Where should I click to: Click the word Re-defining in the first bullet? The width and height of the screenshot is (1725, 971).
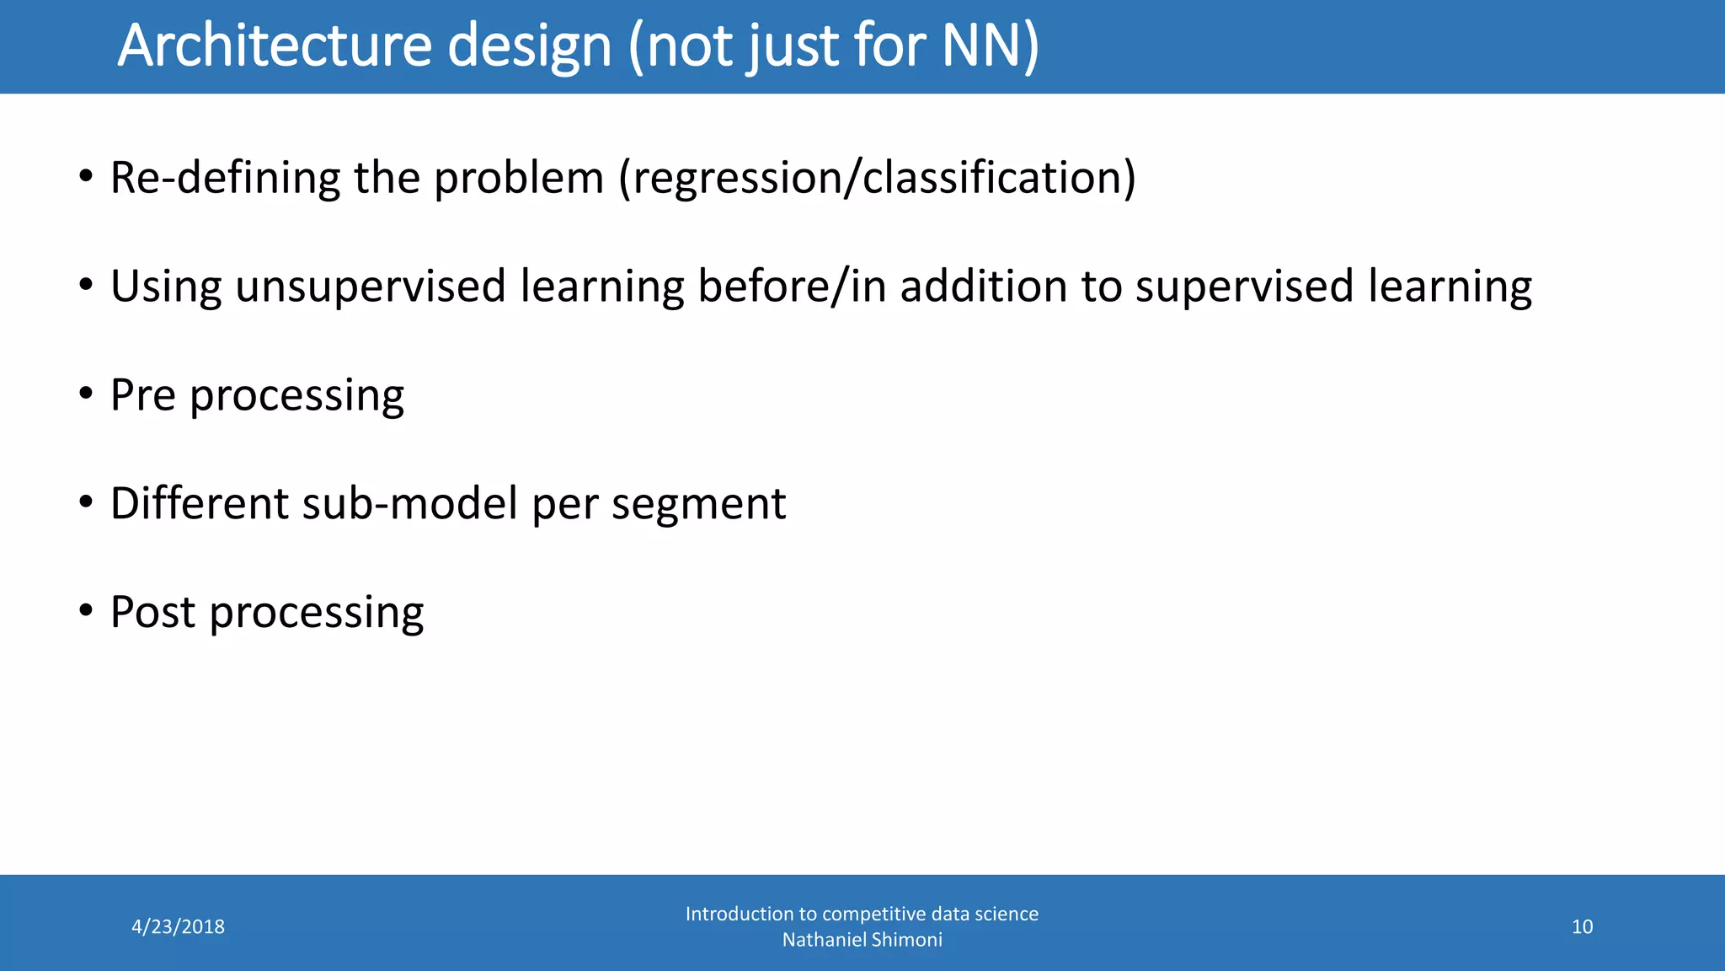tap(224, 178)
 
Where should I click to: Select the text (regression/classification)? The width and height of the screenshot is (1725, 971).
tap(877, 178)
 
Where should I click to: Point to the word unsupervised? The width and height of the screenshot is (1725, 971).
tap(371, 287)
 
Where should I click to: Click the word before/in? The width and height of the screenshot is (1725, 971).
tap(792, 287)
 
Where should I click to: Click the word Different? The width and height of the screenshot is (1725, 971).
tap(200, 503)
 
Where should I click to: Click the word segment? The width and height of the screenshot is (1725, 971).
tap(698, 505)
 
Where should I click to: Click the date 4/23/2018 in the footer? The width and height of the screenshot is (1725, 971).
tap(178, 926)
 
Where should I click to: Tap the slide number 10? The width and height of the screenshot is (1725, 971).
tap(1582, 926)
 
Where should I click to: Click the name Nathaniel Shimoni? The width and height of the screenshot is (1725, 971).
tap(862, 940)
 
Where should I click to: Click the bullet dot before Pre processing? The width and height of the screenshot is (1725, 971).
tap(86, 394)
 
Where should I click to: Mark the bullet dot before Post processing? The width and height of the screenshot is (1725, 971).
tap(86, 611)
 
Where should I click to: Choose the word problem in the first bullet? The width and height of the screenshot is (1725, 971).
tap(519, 178)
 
